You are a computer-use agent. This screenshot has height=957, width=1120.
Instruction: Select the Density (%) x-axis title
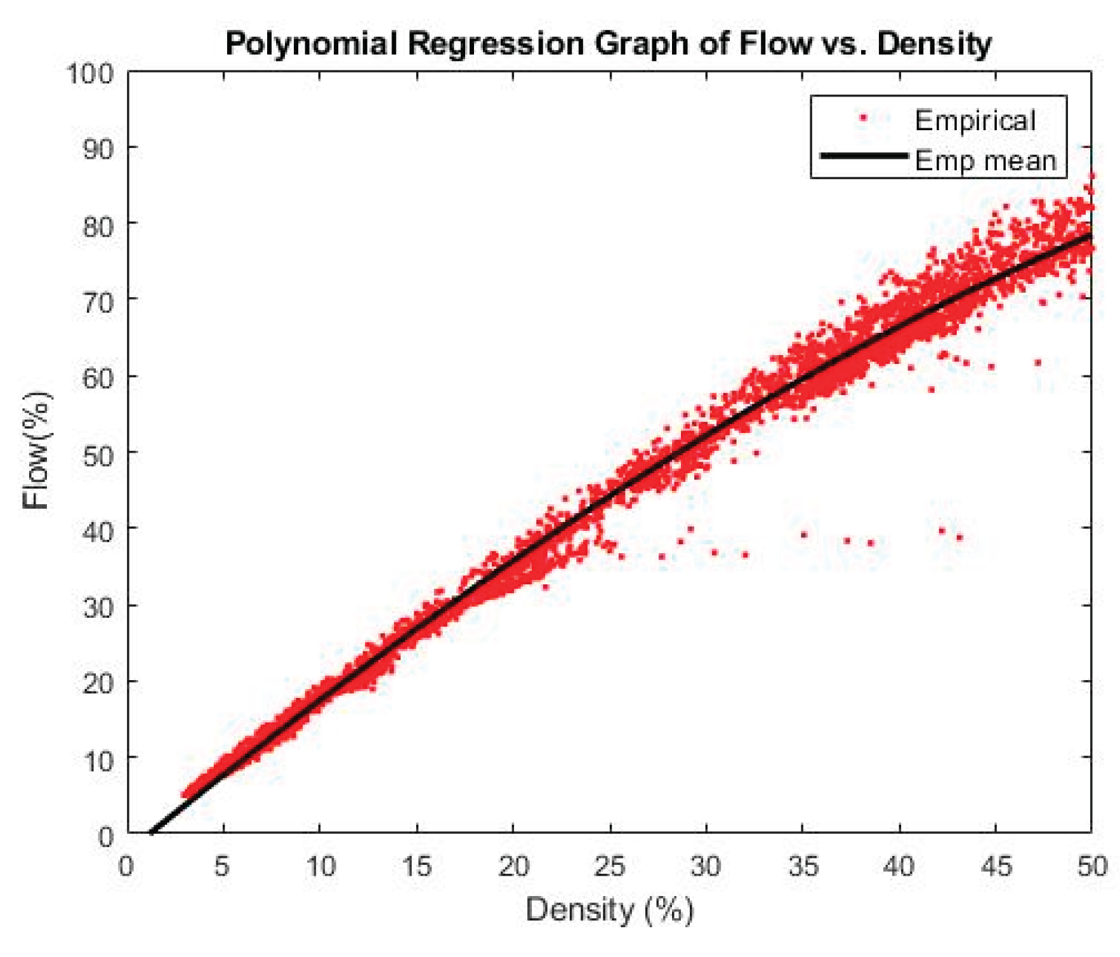coord(609,909)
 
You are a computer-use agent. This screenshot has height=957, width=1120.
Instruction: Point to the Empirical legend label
coord(975,121)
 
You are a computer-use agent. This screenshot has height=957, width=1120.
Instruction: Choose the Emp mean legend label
coord(985,161)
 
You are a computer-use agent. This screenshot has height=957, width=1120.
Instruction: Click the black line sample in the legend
coord(864,156)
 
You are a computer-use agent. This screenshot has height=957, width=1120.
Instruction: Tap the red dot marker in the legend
coord(863,117)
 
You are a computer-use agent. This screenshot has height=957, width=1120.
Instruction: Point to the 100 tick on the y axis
coord(89,74)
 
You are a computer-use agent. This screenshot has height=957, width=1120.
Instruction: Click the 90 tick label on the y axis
coord(98,150)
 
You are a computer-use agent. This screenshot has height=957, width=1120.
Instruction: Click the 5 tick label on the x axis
coord(222,866)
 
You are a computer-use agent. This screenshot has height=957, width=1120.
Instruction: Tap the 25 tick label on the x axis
coord(610,866)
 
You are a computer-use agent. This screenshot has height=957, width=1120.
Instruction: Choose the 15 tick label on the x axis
coord(416,866)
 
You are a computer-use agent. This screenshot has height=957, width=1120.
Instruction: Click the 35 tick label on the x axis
coord(803,866)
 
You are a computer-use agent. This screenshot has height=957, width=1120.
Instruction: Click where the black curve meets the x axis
coord(152,832)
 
